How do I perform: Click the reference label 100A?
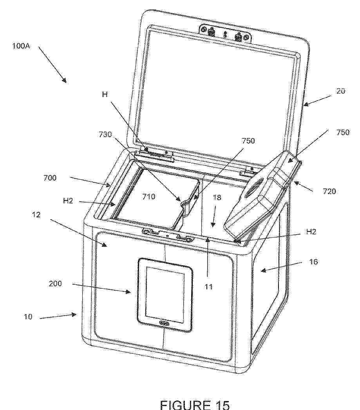[x=21, y=46]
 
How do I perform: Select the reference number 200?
[x=55, y=284]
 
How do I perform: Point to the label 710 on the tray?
[x=148, y=196]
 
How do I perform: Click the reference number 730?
[x=105, y=134]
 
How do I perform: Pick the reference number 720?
[x=329, y=191]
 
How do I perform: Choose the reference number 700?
[x=50, y=178]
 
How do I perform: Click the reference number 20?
[x=340, y=91]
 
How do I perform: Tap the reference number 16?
[x=313, y=262]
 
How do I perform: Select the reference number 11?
[x=208, y=287]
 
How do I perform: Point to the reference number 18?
[x=217, y=197]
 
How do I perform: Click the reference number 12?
[x=36, y=215]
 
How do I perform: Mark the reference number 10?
[x=28, y=317]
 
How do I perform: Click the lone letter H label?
[x=105, y=94]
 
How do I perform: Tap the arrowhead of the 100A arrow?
[x=65, y=81]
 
